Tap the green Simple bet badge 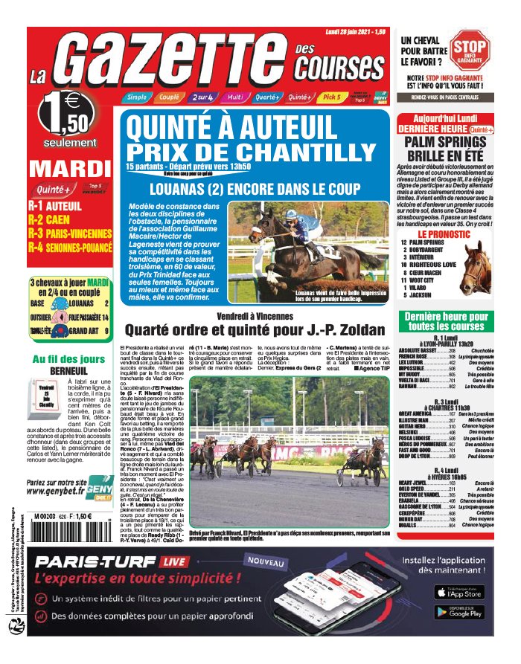coord(136,97)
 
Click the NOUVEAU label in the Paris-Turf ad coord(266,565)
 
